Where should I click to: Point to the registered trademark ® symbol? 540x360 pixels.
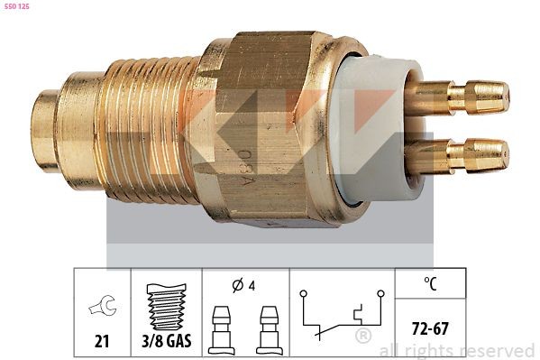pyautogui.click(x=363, y=336)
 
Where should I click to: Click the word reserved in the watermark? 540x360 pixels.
pyautogui.click(x=498, y=349)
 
